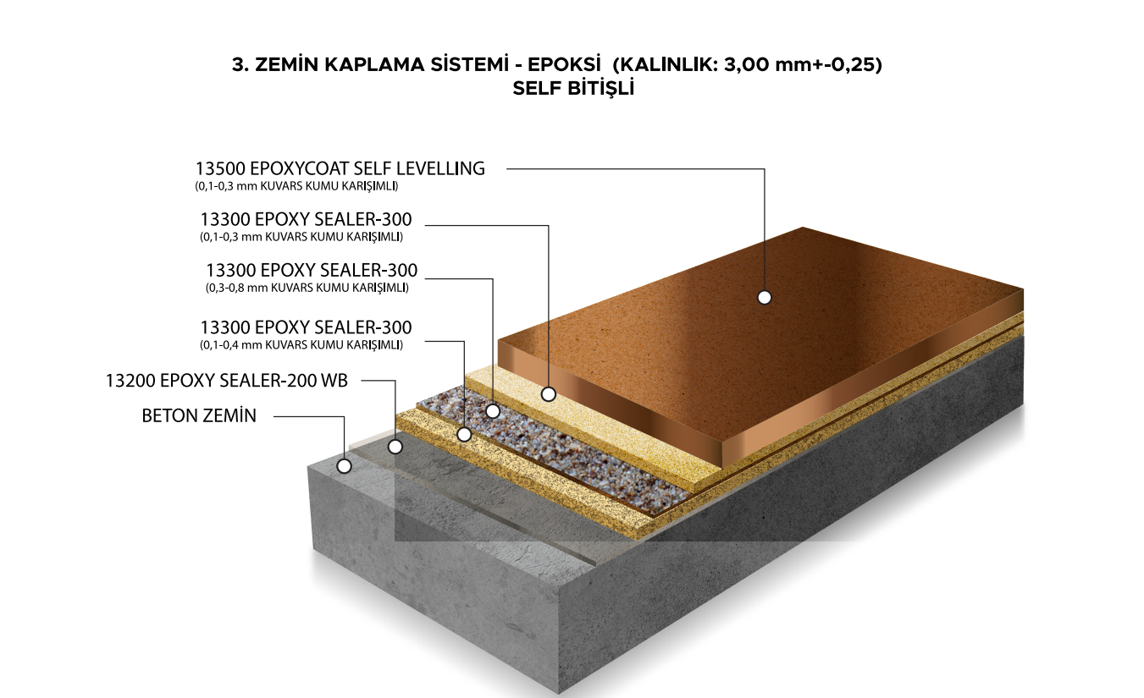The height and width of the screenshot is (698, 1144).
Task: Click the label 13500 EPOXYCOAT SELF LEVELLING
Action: point(340,168)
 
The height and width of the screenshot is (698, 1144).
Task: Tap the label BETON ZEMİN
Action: point(199,415)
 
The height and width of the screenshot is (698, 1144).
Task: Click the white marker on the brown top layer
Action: point(765,297)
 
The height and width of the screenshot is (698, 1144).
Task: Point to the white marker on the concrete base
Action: point(344,465)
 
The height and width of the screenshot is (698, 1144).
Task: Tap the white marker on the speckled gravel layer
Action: point(493,411)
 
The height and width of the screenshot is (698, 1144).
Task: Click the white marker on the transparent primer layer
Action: point(395,446)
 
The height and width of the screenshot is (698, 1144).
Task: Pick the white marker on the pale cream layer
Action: point(549,393)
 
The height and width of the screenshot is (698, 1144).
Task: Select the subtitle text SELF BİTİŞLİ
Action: point(573,88)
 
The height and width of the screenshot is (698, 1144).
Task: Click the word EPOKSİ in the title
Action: point(566,65)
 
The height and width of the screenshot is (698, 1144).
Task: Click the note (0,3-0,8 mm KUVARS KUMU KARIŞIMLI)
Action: point(307,288)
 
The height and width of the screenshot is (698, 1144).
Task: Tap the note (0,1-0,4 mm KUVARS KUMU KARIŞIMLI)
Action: point(301,344)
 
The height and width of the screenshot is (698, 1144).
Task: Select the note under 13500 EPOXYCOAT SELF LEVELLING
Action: point(296,185)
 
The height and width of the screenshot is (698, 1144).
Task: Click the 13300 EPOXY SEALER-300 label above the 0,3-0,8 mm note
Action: point(312,271)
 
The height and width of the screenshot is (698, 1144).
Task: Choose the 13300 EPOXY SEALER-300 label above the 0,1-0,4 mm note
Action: point(306,327)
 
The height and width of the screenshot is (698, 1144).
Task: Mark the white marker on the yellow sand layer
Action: point(463,434)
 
